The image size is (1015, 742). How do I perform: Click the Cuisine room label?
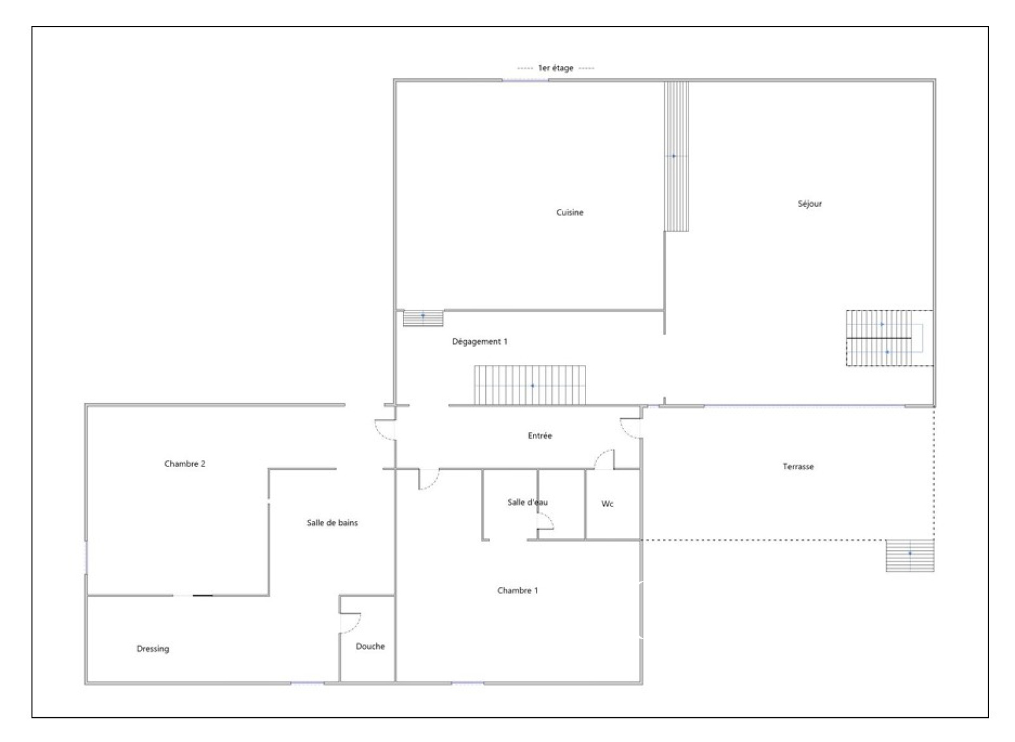pos(570,212)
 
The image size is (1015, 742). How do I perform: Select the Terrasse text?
pos(798,467)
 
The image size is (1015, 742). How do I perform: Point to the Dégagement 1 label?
pos(480,341)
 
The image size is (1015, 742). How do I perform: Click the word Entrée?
pos(540,435)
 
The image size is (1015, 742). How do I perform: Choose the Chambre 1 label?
pos(518,590)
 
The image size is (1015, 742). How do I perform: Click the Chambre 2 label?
pos(185,463)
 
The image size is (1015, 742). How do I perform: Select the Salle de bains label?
pos(332,522)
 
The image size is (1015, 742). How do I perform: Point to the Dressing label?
pos(153,649)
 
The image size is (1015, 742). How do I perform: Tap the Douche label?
pos(370,646)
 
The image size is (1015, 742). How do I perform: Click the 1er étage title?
pos(556,68)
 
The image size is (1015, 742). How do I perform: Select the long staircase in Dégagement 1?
pos(530,385)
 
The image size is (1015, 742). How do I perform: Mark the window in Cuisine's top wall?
pos(525,80)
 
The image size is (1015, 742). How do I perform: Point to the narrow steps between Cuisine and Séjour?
pos(676,156)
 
